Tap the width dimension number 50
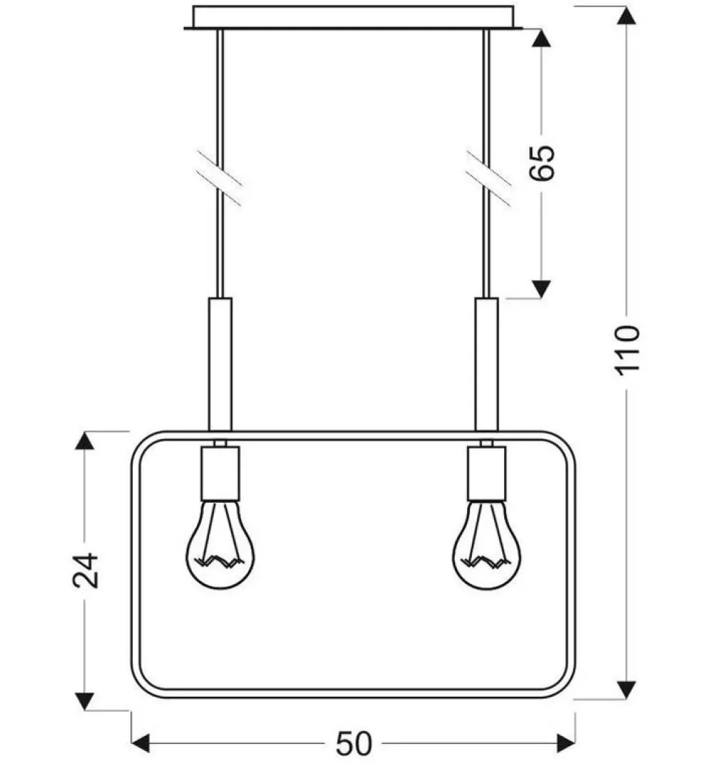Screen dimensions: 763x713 tap(354, 744)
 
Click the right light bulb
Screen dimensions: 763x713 tap(487, 544)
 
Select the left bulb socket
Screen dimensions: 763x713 tap(220, 473)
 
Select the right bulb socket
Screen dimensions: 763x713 tap(487, 473)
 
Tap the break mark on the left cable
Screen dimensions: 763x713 tap(220, 178)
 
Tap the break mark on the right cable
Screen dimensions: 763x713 tap(488, 178)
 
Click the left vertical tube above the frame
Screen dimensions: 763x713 tap(220, 363)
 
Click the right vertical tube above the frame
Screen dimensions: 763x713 tap(487, 363)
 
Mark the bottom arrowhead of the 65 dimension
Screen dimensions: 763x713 tap(542, 289)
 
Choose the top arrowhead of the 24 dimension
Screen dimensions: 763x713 tap(85, 441)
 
